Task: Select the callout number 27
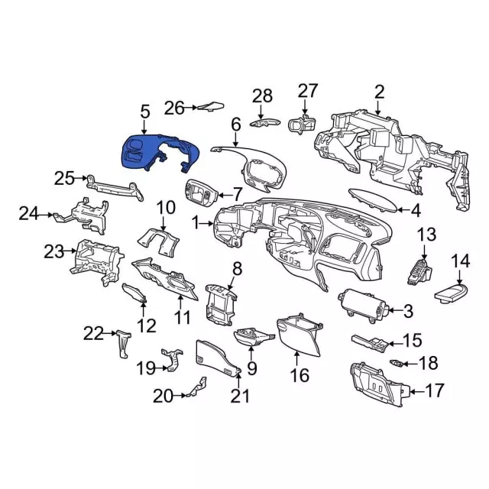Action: click(x=307, y=90)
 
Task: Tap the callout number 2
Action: click(x=379, y=92)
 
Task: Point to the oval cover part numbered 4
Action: click(x=373, y=199)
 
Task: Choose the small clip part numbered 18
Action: click(x=397, y=363)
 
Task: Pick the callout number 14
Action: click(x=461, y=261)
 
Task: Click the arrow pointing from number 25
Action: click(x=82, y=178)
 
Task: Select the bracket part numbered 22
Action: click(x=124, y=344)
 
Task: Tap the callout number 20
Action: click(x=163, y=397)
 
